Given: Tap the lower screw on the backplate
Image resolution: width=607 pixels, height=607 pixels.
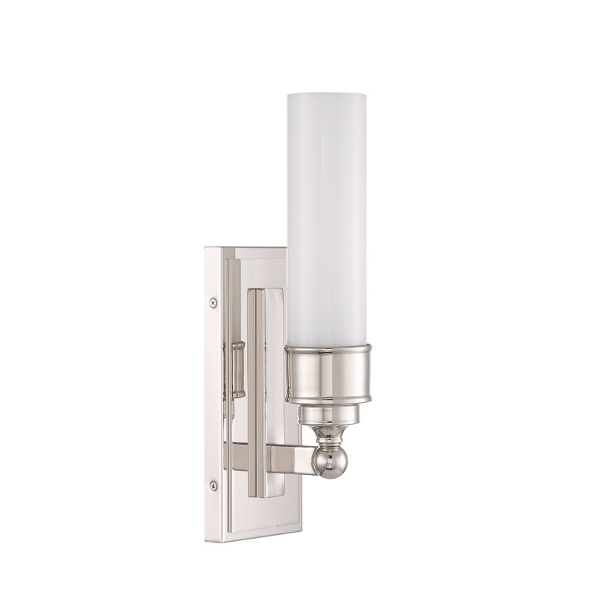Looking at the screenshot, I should (x=213, y=483).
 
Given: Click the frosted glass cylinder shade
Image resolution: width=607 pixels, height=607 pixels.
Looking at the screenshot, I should (x=329, y=212).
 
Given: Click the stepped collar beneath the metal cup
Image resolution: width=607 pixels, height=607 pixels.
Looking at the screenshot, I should (x=328, y=414).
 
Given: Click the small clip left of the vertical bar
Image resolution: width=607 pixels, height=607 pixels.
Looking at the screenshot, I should (x=237, y=369).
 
